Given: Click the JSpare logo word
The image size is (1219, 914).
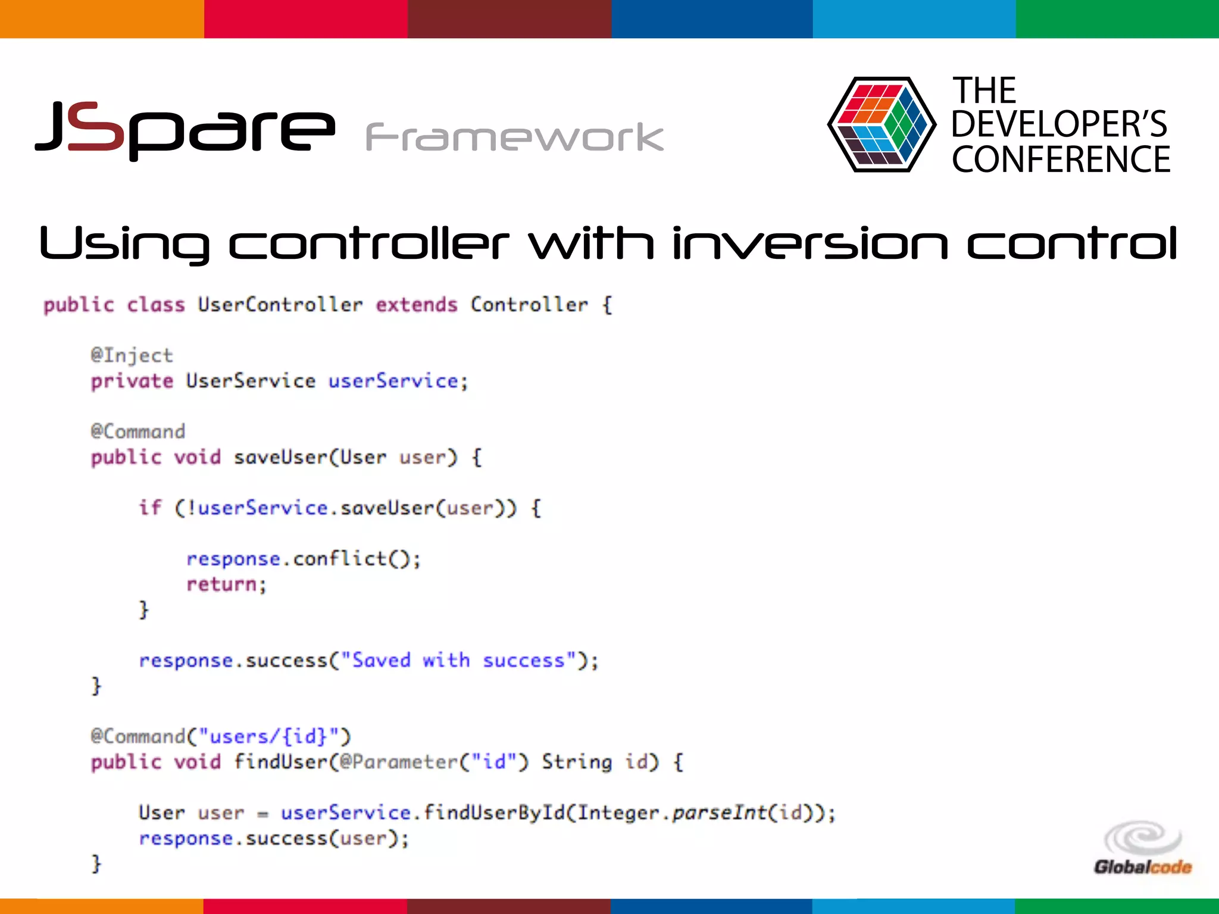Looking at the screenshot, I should [x=185, y=128].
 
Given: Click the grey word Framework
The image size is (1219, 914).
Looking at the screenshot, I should [x=514, y=137].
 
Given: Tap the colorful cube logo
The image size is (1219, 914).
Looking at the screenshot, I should [x=881, y=124].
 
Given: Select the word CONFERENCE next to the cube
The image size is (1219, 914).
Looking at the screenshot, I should [x=1061, y=159].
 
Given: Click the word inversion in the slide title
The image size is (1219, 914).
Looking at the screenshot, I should [x=809, y=243].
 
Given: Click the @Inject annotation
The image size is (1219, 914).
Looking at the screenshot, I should [x=132, y=355].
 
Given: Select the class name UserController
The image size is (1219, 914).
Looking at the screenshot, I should [x=280, y=305].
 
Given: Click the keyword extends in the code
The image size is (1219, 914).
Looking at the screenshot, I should [x=416, y=305].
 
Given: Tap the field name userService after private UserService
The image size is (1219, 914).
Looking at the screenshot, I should [x=393, y=381].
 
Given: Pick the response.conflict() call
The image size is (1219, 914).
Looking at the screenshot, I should [x=303, y=559].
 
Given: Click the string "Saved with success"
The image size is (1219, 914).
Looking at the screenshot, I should [x=458, y=661].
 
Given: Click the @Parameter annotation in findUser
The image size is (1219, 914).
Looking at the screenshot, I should [x=398, y=762].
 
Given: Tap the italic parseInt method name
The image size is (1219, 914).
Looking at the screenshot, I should [x=719, y=813].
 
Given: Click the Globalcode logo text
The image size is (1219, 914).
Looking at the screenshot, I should [x=1142, y=867].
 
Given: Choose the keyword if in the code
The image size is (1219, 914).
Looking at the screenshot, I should [x=150, y=508].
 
